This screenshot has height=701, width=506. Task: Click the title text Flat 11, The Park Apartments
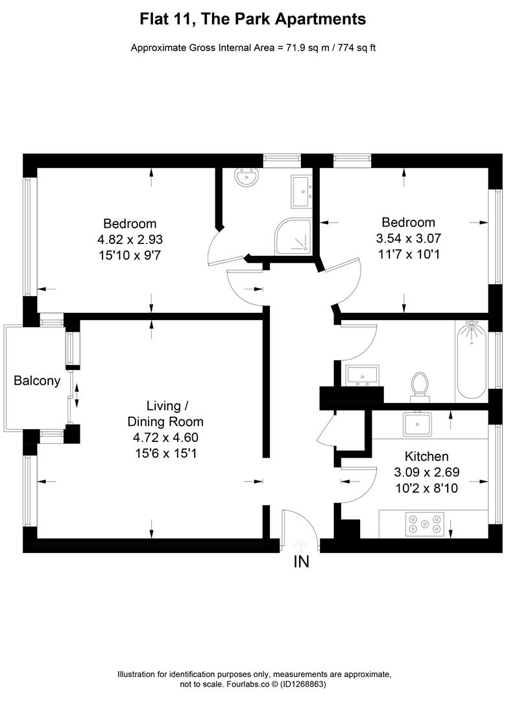[x=253, y=19]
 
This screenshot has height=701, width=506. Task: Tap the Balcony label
[x=37, y=381]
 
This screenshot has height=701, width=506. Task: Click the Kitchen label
[x=426, y=456]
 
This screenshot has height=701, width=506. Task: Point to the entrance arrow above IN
[x=301, y=544]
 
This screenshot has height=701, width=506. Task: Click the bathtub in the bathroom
[x=471, y=361]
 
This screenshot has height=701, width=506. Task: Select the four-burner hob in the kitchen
[x=424, y=524]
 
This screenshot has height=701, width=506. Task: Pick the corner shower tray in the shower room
[x=296, y=237]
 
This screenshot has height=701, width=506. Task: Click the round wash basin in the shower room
[x=247, y=177]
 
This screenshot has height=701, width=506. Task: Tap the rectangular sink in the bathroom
[x=363, y=375]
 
